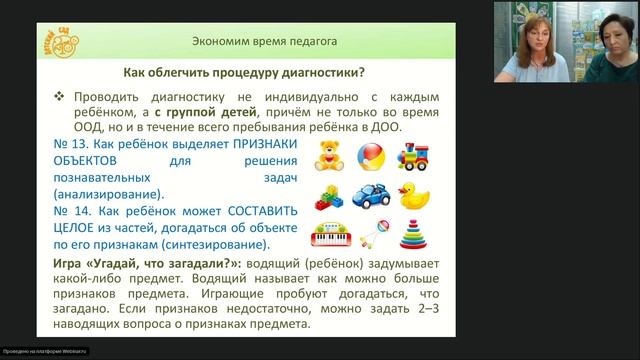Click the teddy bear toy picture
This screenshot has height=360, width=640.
[x=328, y=157]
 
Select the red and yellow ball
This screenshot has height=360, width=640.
[x=369, y=157]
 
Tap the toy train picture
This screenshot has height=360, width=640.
[x=414, y=157]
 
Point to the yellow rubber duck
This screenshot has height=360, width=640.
[x=414, y=195]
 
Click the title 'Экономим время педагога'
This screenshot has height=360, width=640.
[x=264, y=42]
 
